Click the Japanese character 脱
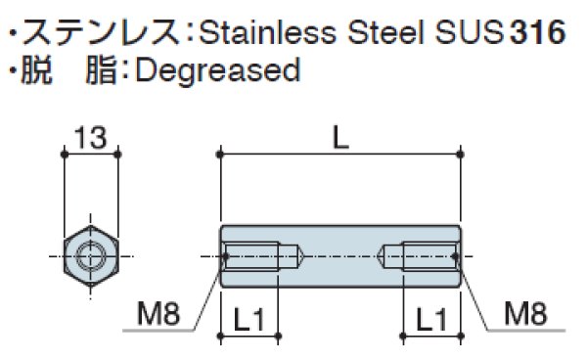36,70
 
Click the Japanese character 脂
101,70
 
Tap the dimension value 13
90,138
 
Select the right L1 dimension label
431,318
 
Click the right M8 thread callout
525,314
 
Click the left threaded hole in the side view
256,257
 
